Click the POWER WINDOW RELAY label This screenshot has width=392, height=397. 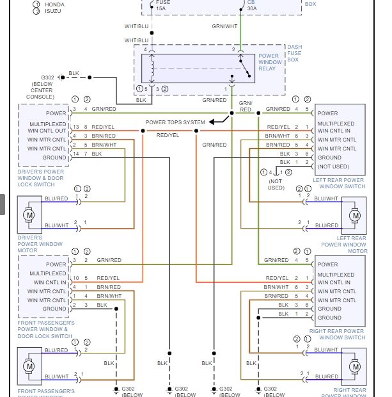(269, 62)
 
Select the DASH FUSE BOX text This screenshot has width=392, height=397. (295, 53)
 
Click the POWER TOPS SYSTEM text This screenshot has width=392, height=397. (175, 122)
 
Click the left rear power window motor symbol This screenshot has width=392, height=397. (354, 215)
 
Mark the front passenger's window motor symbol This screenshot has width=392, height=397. (29, 366)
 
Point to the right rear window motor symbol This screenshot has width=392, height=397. (354, 366)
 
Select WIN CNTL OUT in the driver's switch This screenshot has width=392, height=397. (46, 131)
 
